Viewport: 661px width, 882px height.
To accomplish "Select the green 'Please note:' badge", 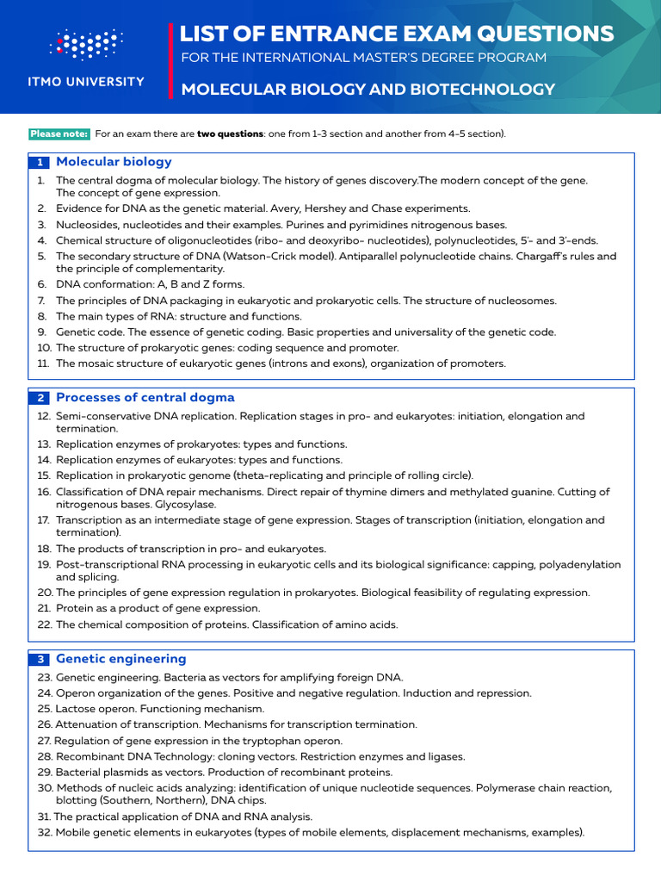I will click(59, 134).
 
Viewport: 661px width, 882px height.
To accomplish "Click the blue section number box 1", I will click(40, 162).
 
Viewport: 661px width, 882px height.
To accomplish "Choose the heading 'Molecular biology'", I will click(114, 161).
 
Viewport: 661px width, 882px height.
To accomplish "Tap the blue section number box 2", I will click(40, 398).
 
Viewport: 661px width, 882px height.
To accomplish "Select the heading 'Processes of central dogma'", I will click(145, 397).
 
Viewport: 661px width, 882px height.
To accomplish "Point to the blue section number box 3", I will click(40, 659).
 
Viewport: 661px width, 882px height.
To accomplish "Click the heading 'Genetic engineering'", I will click(120, 658).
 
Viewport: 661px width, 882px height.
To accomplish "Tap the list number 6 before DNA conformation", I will click(41, 284).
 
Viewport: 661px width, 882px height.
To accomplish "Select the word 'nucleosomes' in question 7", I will click(523, 301).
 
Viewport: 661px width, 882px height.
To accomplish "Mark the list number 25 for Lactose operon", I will click(45, 708).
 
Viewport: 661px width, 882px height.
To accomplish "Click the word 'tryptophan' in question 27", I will click(254, 741).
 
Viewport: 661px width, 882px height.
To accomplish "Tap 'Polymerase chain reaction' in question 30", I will click(542, 788).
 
